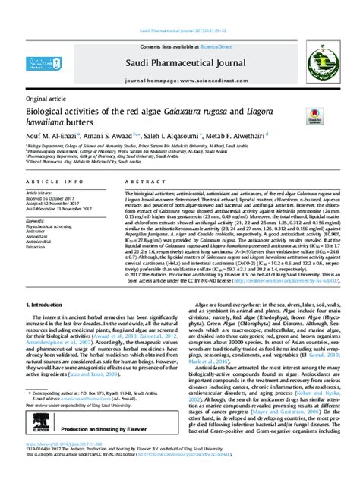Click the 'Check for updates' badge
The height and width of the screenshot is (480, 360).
(x=314, y=118)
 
